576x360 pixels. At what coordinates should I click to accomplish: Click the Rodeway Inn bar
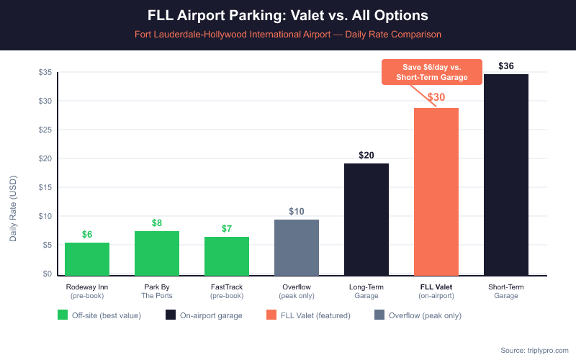[87, 259]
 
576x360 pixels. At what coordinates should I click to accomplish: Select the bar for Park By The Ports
[157, 253]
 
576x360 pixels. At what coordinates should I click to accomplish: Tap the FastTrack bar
[227, 256]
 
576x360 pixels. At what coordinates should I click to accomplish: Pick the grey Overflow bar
[297, 248]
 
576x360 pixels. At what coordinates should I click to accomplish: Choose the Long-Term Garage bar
[366, 220]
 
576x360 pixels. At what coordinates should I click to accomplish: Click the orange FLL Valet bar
[436, 192]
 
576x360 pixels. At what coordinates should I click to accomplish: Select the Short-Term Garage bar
[506, 175]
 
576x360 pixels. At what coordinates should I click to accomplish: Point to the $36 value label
[506, 66]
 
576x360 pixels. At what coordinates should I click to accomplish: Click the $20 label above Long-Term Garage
[366, 156]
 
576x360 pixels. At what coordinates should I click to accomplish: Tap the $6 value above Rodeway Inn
[87, 234]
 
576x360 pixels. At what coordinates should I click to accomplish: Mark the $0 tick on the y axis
[47, 274]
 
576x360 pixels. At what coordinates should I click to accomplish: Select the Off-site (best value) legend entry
[99, 315]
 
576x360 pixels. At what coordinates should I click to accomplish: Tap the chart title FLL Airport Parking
[288, 15]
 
